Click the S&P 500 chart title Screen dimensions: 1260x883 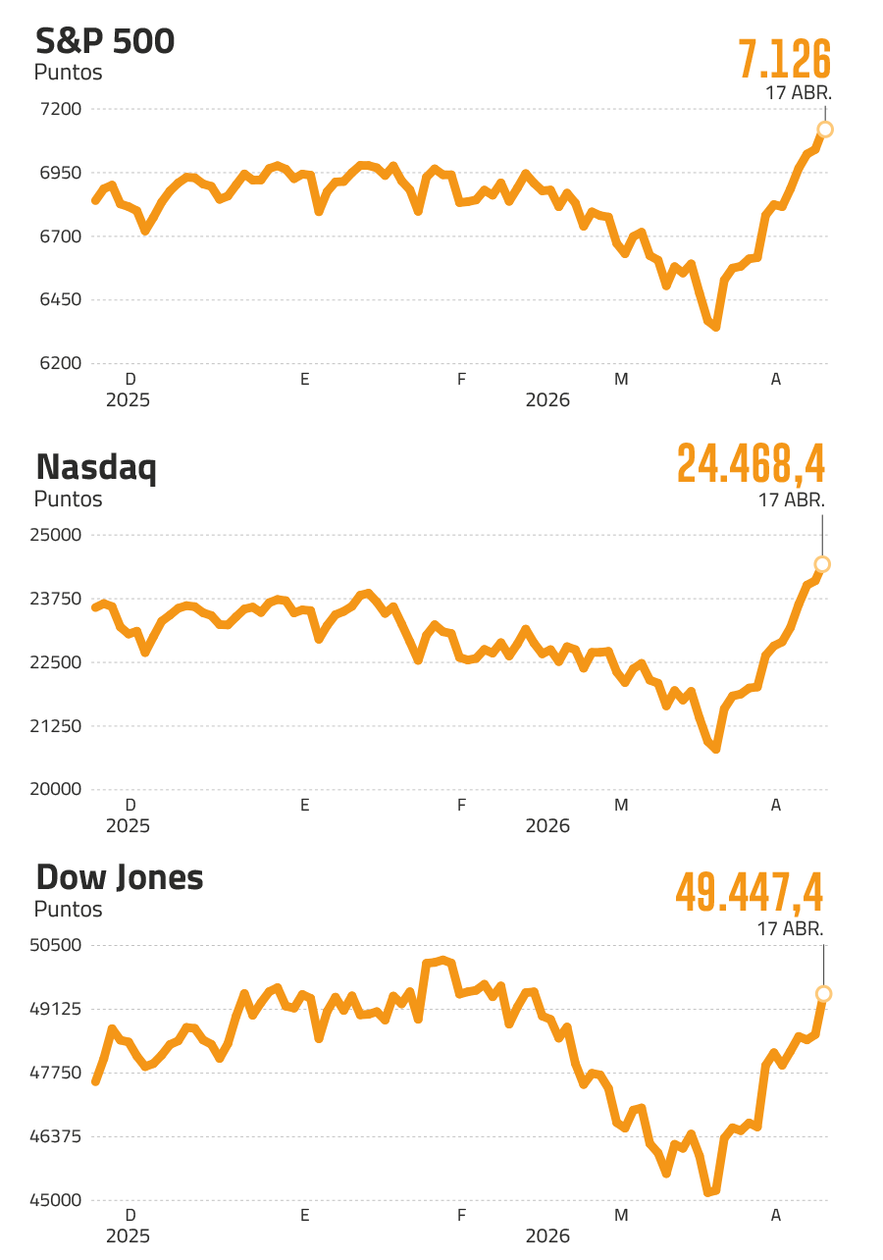pos(105,43)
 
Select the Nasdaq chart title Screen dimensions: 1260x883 pos(96,468)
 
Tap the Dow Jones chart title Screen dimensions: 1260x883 pos(119,877)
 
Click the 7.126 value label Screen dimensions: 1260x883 pos(784,60)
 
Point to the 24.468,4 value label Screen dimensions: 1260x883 pos(751,464)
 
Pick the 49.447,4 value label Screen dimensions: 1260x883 pos(750,892)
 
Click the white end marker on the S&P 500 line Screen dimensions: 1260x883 pos(825,130)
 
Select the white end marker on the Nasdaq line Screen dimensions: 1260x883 pos(822,564)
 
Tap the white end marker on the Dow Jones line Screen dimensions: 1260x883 pos(824,994)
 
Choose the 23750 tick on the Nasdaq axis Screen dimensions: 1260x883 pos(60,599)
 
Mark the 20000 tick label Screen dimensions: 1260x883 pos(60,789)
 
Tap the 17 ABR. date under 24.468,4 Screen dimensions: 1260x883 pos(791,499)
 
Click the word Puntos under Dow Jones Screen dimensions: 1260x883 pos(68,910)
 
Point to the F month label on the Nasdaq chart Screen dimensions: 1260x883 pos(461,806)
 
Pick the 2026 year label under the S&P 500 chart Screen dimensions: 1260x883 pos(547,400)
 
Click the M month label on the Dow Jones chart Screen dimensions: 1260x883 pos(620,1216)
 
